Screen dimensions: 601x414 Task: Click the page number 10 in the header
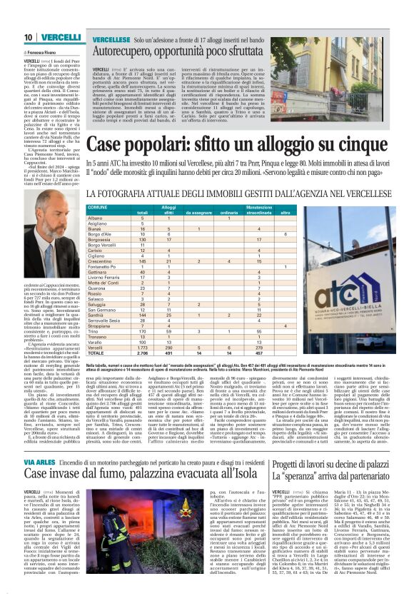[27, 37]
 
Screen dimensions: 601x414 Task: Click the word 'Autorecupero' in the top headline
[126, 51]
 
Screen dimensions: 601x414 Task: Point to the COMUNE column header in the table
[97, 207]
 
